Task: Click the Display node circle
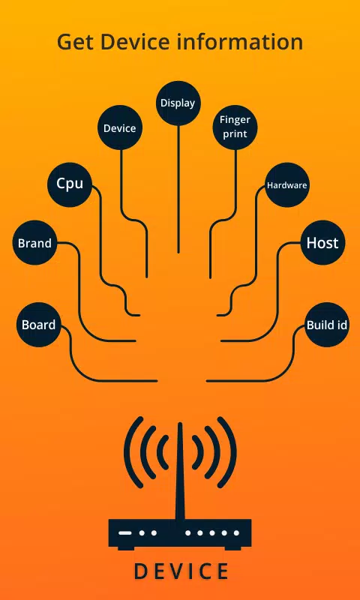coord(178,103)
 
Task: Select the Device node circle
coord(120,127)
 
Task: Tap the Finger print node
coord(235,127)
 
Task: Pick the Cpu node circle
coord(70,184)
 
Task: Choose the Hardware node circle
coord(287,185)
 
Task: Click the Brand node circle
coord(34,242)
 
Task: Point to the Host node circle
coord(322,242)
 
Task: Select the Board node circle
coord(39,325)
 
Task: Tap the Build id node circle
coord(327,325)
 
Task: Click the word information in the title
coord(240,41)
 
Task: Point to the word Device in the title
coord(136,41)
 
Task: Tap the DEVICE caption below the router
coord(181,571)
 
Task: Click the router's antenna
coord(180,471)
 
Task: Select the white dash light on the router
coord(124,532)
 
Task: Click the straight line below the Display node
coord(178,189)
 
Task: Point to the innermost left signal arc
coord(162,452)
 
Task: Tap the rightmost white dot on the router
coord(236,532)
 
